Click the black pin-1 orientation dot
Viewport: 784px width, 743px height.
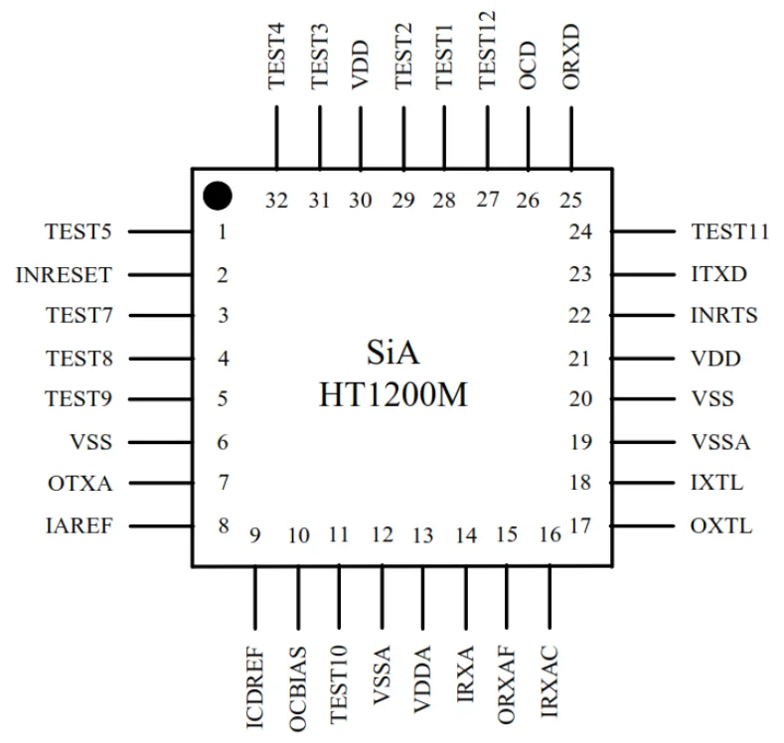[218, 196]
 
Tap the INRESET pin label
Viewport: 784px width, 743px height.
[65, 275]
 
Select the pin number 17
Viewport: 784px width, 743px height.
[581, 526]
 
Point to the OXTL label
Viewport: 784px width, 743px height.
[721, 525]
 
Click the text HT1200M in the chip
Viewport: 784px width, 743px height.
[392, 395]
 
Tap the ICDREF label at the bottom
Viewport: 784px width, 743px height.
[254, 686]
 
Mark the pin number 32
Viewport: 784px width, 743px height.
[277, 201]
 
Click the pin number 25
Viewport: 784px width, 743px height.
[570, 201]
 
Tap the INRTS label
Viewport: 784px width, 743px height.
[724, 317]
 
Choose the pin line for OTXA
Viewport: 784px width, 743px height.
[160, 484]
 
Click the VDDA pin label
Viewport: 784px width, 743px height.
[423, 677]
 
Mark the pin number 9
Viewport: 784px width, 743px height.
[255, 536]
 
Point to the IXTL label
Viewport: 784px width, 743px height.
[717, 484]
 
